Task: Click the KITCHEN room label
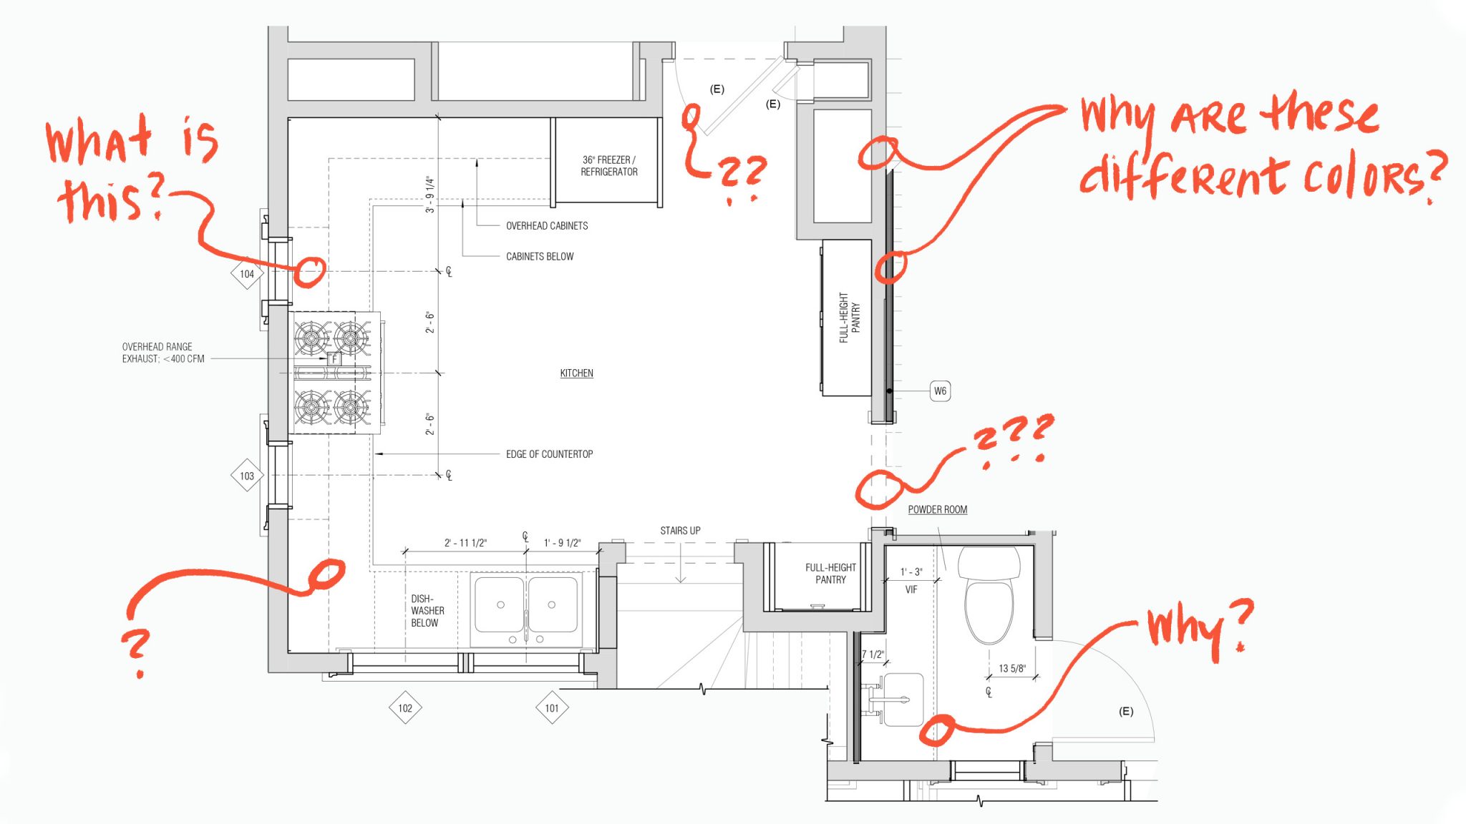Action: coord(576,373)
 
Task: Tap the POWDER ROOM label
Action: coord(937,509)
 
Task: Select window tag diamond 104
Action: coord(247,274)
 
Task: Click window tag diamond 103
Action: coord(247,476)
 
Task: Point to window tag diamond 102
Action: coord(405,708)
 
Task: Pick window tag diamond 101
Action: coord(552,708)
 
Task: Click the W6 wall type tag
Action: coord(940,391)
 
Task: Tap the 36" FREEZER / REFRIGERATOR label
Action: coord(608,166)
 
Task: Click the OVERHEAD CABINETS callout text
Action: coord(547,225)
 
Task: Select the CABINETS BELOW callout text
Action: coord(540,256)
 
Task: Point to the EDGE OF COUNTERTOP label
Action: coord(549,454)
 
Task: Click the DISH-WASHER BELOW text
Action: coord(427,611)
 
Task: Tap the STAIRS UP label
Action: coord(680,531)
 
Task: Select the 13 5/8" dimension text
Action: coord(1011,668)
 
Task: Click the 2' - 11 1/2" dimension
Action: coord(465,543)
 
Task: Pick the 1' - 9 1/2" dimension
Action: coord(563,543)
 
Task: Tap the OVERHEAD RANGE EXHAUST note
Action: coord(163,353)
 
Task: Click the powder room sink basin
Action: coord(903,700)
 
